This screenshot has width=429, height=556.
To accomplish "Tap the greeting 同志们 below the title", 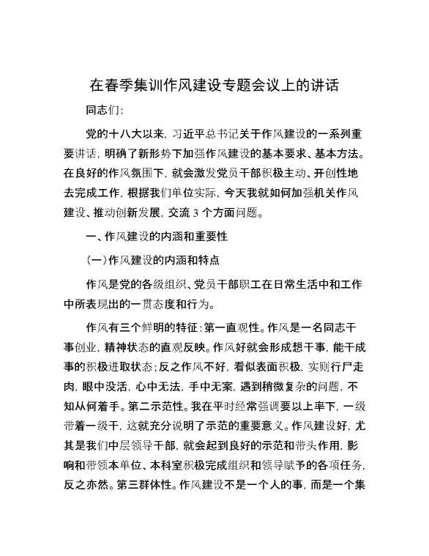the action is [x=104, y=111].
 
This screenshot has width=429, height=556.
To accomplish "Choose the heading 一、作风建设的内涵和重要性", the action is [x=156, y=238].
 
